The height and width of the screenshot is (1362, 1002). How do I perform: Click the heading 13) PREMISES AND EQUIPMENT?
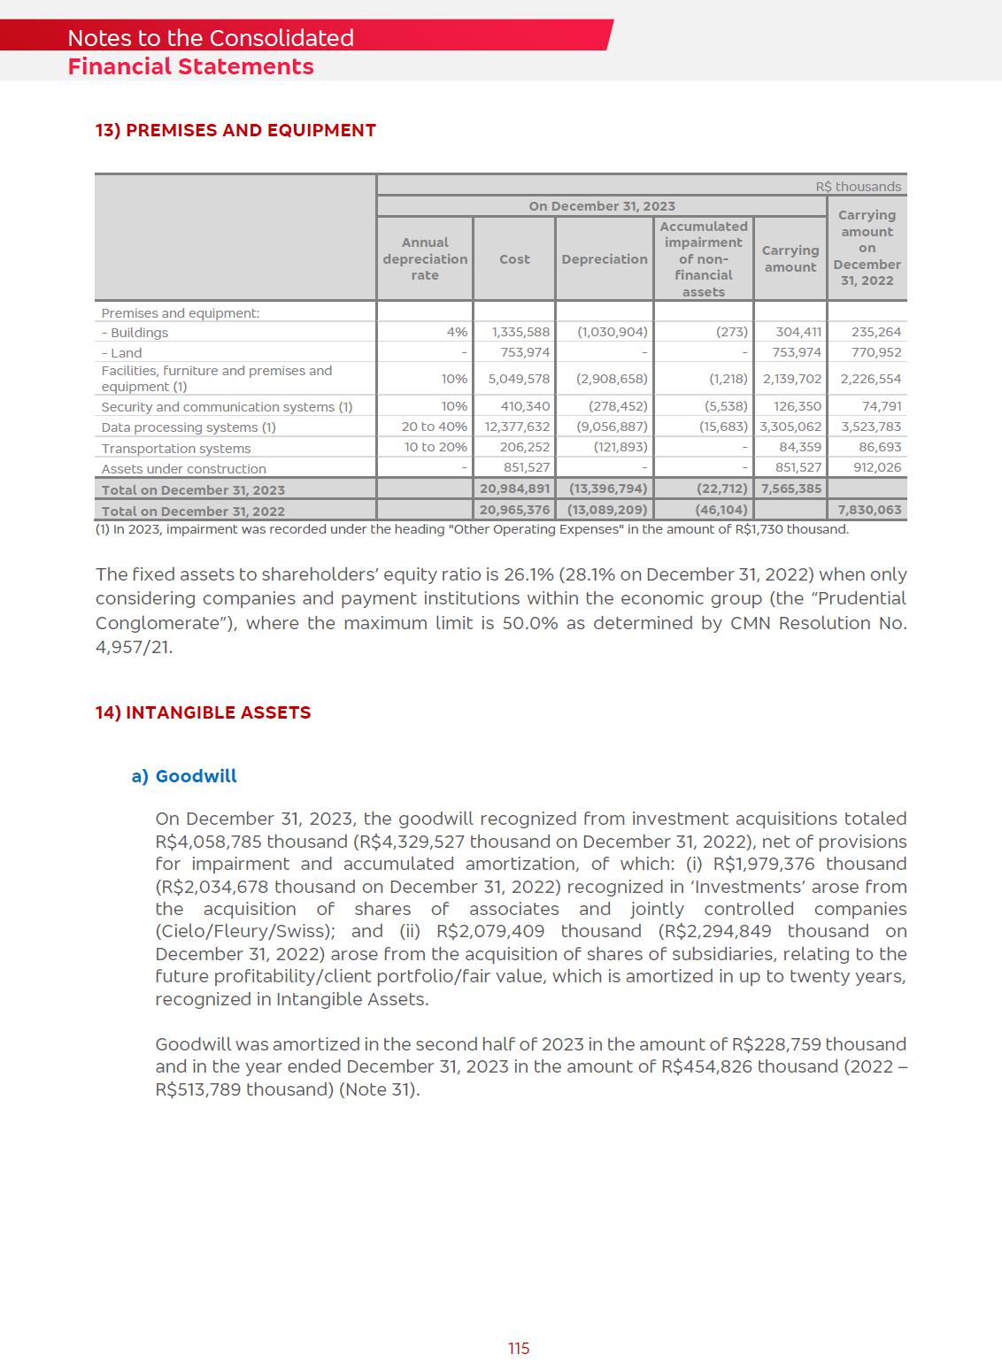(235, 131)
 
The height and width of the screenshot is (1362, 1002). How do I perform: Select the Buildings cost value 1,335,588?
(520, 333)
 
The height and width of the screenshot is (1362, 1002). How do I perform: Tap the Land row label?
(121, 353)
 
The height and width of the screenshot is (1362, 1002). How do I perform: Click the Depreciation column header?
(604, 259)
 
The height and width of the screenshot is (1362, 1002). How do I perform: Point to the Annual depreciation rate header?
(425, 258)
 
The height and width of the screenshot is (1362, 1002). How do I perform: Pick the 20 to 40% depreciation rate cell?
(434, 427)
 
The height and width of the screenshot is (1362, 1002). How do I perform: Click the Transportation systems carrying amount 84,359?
(799, 448)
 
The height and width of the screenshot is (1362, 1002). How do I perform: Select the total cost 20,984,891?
(514, 489)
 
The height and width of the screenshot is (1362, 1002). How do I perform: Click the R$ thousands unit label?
(858, 187)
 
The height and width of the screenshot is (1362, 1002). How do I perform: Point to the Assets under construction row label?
(183, 469)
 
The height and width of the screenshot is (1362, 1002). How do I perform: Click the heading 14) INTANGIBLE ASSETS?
(203, 713)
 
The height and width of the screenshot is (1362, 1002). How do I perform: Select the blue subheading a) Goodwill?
(184, 776)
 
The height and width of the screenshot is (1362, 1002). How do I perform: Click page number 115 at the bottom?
(519, 1348)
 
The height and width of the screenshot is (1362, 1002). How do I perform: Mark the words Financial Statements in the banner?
(190, 67)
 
